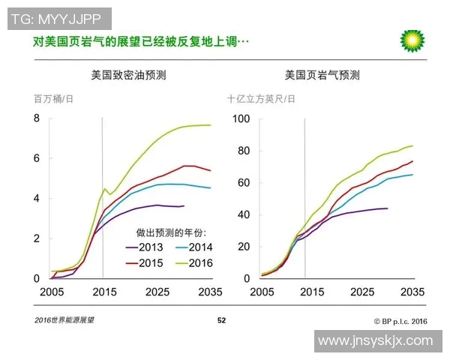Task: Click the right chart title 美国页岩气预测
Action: pos(322,75)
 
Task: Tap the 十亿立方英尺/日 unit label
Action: pos(261,98)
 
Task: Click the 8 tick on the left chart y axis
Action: pos(36,118)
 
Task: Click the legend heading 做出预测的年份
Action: pos(171,232)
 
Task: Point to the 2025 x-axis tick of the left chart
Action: pos(157,291)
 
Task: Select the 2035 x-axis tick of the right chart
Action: pos(413,291)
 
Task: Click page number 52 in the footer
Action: pos(221,320)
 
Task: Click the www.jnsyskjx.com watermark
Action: pos(376,341)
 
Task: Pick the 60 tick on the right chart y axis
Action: pos(241,182)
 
